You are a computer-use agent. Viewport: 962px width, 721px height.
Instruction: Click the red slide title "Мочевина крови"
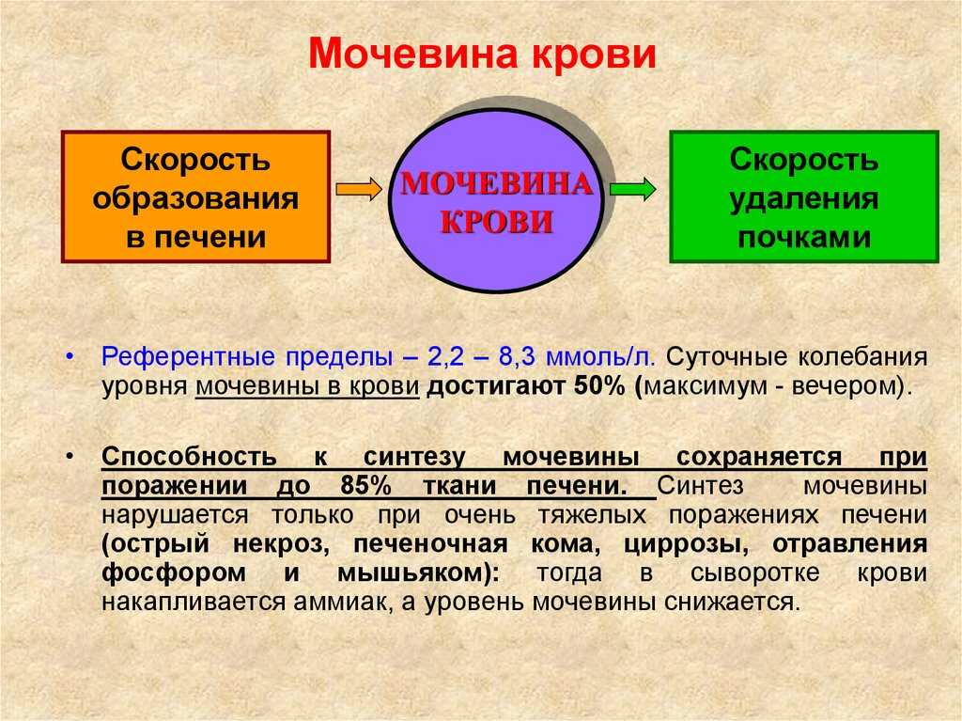click(482, 54)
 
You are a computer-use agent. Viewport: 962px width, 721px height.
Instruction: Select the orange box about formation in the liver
click(195, 196)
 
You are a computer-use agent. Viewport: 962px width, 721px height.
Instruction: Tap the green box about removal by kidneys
click(804, 196)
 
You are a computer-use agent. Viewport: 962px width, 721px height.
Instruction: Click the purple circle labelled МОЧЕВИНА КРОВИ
click(496, 200)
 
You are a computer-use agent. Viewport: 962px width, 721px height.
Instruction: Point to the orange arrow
click(360, 189)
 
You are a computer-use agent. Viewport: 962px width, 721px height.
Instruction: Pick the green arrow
click(633, 189)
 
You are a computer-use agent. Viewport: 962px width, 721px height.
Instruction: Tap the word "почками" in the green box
click(804, 237)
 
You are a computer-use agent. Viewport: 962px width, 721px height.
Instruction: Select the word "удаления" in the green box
click(804, 199)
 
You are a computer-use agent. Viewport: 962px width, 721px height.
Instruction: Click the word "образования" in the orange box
click(195, 199)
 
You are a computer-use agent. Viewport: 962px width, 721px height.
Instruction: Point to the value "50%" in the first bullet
click(599, 386)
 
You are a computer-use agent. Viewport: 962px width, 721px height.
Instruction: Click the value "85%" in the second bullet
click(365, 486)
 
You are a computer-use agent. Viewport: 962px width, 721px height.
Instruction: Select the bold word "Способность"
click(189, 457)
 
